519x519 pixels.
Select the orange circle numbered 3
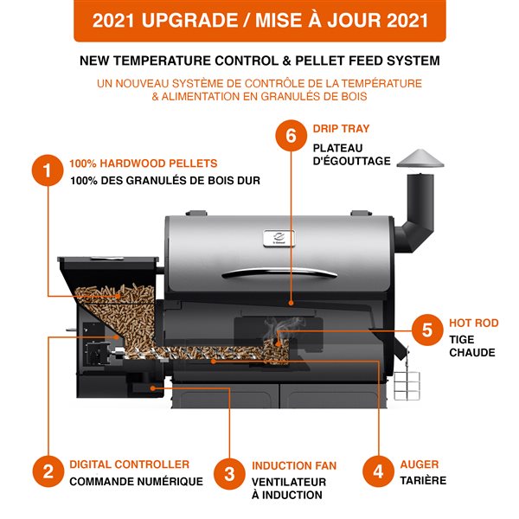pyautogui.click(x=228, y=473)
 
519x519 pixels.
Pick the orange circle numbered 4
pyautogui.click(x=377, y=472)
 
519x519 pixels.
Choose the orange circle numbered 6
pyautogui.click(x=290, y=137)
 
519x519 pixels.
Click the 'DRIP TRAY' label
pyautogui.click(x=341, y=129)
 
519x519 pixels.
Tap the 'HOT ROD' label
pyautogui.click(x=474, y=323)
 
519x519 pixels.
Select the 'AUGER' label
pyautogui.click(x=420, y=465)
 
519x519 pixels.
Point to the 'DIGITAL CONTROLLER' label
pyautogui.click(x=129, y=465)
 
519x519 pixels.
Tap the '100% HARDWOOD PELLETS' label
pyautogui.click(x=144, y=163)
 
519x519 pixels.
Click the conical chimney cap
pyautogui.click(x=421, y=159)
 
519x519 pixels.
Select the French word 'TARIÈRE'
pyautogui.click(x=423, y=480)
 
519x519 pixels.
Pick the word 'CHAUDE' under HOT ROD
pyautogui.click(x=471, y=352)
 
